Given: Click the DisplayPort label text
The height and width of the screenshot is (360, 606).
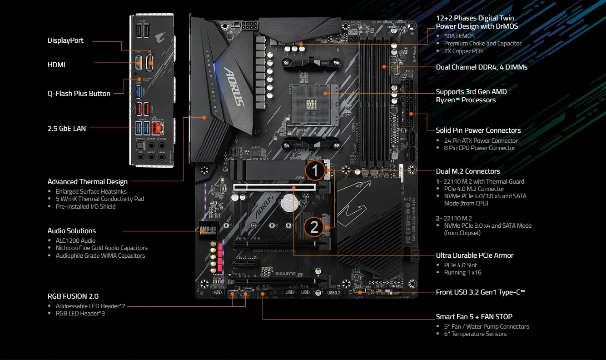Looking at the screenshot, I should coord(65,40).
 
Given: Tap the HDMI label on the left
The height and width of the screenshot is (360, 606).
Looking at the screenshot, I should coord(56,65).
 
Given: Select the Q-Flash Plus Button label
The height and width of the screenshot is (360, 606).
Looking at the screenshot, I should coord(79,94).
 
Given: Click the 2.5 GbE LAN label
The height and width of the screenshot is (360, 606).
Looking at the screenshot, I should coord(67,128).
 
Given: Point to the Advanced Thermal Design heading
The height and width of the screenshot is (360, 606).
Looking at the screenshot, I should coord(88,182).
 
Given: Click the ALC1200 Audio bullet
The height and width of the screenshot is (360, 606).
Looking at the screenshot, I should coord(75,240).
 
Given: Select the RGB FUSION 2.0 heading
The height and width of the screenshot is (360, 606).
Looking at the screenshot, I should coord(73,296).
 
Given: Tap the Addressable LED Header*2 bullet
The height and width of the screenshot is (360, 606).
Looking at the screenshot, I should coord(90,306).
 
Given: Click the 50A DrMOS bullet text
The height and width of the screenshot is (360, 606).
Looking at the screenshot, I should coord(459,36).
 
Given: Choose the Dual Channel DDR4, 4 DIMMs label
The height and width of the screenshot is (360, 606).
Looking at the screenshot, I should coord(482,67).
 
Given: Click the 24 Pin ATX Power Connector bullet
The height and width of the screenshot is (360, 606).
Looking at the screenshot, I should coord(481,140).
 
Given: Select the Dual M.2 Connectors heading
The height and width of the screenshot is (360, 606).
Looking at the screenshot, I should coord(468,171).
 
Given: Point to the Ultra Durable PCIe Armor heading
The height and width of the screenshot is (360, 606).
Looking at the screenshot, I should coord(475,255).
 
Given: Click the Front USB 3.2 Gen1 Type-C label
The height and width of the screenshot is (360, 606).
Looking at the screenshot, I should coord(480,292).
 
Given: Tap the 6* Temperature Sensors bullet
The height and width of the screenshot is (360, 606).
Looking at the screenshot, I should coord(475,334).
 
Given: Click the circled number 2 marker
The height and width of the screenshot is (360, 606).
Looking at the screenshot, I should coord(314,226).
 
